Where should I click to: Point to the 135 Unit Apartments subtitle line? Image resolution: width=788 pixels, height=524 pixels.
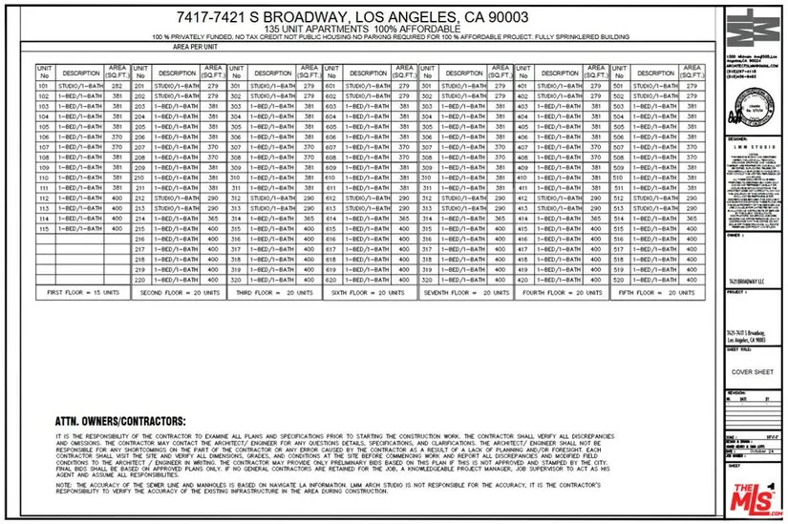point(352,30)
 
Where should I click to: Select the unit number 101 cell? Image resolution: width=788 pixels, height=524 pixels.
point(43,87)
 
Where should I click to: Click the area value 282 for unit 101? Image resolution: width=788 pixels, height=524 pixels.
point(117,87)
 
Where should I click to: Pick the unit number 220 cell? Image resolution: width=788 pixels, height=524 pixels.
point(139,281)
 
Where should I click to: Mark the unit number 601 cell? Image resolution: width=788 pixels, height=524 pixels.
point(330,87)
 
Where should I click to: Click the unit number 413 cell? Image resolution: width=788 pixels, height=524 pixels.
point(522,208)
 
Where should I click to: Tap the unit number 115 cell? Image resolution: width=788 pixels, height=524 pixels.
point(43,229)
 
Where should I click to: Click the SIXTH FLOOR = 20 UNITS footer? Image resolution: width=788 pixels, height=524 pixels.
point(369,294)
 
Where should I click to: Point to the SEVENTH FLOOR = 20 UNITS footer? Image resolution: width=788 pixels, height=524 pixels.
point(464,294)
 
